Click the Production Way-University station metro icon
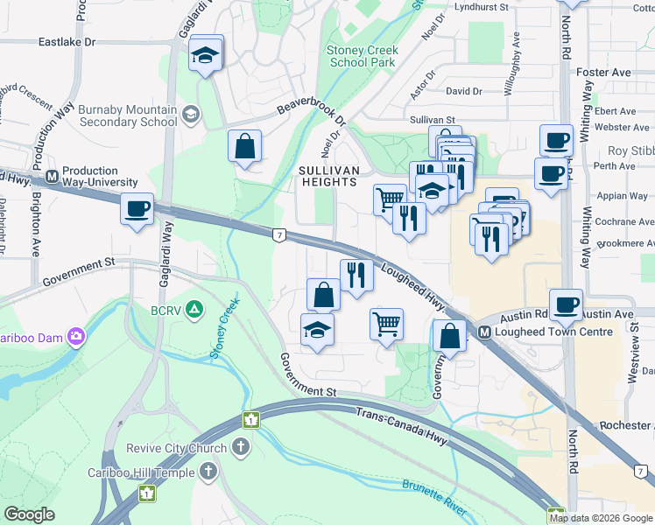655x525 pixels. pos(53,175)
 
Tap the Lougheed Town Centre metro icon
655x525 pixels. pos(484,332)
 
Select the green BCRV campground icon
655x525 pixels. pos(194,310)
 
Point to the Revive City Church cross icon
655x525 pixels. pos(241,448)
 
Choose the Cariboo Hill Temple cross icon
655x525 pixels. pos(208,472)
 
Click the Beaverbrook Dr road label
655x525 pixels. pos(312,105)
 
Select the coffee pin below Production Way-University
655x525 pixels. pos(137,209)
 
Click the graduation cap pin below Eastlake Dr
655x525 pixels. pos(206,55)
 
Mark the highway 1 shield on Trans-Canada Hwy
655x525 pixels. pos(251,420)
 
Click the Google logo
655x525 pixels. pos(29,514)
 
